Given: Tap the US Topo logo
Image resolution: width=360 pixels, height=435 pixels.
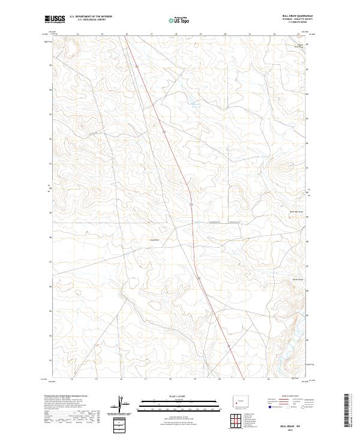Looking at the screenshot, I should pos(180,20).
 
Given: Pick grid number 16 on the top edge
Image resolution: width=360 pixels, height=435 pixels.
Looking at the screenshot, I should pos(127,34).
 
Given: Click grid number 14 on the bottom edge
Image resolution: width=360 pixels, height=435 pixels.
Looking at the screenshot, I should pos(71,379).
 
